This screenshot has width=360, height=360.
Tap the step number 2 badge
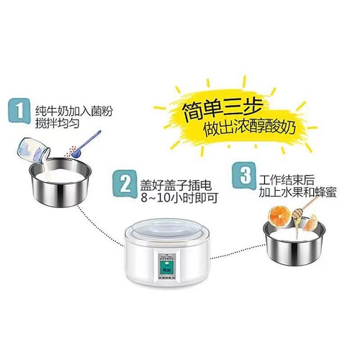point(127,185)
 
